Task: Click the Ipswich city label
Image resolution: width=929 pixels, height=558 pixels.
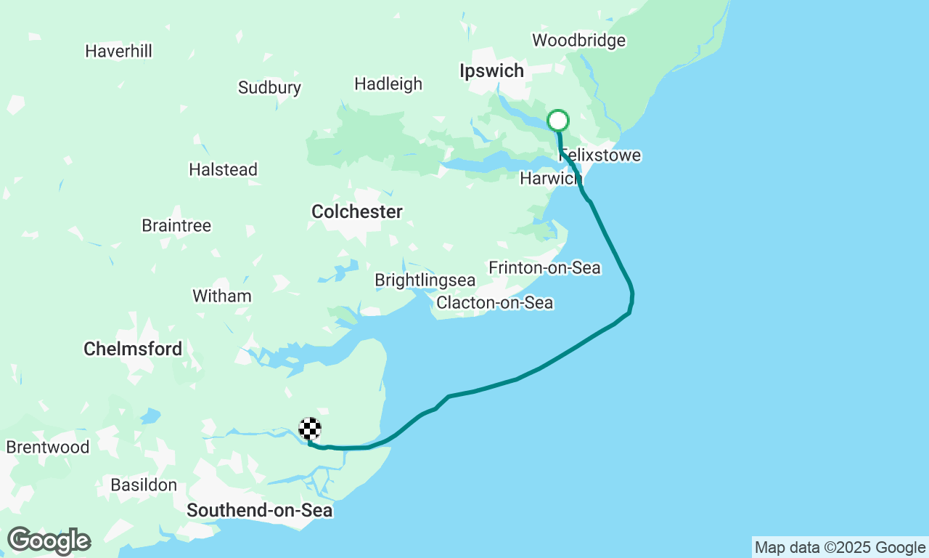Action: pos(491,71)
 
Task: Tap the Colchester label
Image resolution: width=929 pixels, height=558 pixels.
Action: pos(356,212)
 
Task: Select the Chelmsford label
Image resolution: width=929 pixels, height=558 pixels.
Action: pos(133,349)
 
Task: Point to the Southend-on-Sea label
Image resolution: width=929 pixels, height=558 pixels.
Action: pos(259,511)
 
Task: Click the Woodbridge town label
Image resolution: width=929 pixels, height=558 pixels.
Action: pos(578,41)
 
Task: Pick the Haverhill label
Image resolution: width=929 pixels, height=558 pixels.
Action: pos(118,52)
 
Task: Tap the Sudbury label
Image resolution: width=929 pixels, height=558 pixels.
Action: pos(269,89)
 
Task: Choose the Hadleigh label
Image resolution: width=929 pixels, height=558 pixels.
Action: pos(388,84)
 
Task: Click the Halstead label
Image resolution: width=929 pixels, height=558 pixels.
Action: pos(223,170)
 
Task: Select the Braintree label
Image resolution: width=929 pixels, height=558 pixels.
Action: pos(176,226)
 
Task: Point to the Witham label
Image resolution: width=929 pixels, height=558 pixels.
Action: pos(221,296)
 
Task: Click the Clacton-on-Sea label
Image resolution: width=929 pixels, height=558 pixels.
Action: pos(494,303)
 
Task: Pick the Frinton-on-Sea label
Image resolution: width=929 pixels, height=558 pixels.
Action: pos(544,268)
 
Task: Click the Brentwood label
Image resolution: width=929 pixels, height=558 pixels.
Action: pos(48,448)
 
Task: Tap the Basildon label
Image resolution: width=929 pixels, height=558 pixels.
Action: pos(144,485)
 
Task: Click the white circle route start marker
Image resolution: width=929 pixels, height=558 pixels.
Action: pos(557,121)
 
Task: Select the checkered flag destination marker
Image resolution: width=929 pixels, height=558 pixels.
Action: pos(310,429)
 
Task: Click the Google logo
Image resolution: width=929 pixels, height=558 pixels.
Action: pos(49,541)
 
